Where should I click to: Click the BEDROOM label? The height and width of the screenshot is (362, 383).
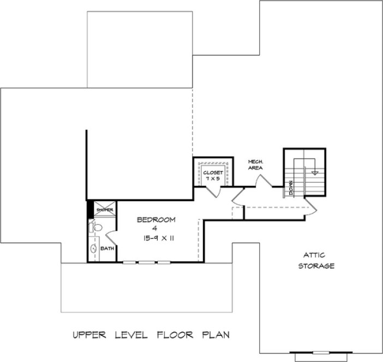pos(155,220)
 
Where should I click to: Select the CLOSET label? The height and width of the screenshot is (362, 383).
pos(213,172)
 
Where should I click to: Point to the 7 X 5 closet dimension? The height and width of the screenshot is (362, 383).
pos(213,179)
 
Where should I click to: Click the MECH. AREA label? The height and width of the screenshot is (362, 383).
pos(255,165)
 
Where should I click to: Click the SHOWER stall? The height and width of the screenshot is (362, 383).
pos(104,209)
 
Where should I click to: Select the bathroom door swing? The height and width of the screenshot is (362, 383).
pos(110,235)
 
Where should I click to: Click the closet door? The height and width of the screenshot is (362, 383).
pos(213,191)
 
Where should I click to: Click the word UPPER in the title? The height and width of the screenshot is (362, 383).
pos(89,334)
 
